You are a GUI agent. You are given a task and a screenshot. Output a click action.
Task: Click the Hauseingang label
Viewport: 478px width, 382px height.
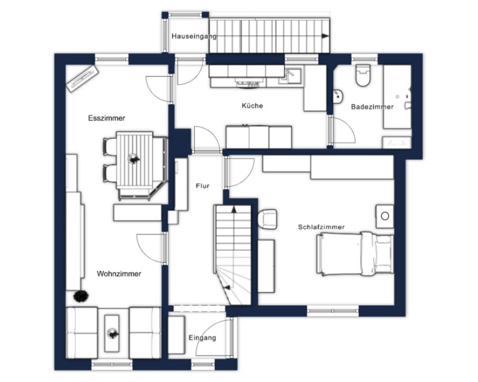point(194,36)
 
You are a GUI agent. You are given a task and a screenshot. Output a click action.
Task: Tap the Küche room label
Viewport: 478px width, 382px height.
point(252,105)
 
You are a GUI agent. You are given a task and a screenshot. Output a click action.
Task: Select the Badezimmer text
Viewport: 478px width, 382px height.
point(372,107)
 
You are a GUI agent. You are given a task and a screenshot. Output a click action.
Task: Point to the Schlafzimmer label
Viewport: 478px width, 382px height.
point(321,227)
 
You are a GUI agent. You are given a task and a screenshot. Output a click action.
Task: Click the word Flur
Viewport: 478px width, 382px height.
point(203,185)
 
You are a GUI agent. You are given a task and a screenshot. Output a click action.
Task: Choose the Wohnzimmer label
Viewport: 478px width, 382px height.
point(119,274)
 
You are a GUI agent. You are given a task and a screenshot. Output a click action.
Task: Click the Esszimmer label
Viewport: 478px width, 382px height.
point(106,118)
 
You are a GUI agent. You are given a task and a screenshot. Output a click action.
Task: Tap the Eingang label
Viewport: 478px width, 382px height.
point(202,338)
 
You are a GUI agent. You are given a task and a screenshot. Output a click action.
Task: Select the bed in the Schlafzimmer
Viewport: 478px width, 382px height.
point(355,254)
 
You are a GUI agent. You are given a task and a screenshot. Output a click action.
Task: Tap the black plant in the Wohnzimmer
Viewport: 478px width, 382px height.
point(81,296)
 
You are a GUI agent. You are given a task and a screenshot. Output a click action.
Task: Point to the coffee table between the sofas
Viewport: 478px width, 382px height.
point(112,333)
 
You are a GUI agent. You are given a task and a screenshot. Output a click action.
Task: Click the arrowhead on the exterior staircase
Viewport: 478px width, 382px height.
point(325,36)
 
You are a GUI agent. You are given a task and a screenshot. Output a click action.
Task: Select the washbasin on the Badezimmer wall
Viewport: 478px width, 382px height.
point(338,97)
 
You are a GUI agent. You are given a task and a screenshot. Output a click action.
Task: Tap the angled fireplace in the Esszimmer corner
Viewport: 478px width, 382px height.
point(83,78)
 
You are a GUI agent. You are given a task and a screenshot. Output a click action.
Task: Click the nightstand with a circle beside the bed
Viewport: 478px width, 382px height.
point(384,216)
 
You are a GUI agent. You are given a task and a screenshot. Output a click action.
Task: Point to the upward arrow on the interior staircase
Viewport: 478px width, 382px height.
point(234,209)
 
